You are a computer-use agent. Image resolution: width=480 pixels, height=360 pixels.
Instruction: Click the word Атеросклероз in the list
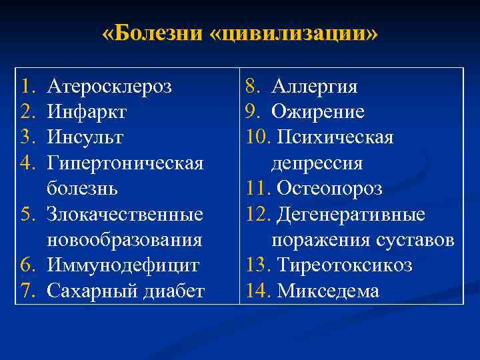tap(109, 87)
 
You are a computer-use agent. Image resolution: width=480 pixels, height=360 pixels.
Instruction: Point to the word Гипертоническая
tap(125, 163)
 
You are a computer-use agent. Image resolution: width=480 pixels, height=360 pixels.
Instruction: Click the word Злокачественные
tap(125, 215)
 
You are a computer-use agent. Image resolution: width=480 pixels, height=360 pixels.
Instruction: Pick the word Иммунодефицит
tap(123, 265)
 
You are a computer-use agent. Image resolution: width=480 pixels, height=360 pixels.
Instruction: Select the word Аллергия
tap(315, 87)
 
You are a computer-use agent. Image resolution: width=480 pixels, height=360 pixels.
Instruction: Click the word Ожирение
tap(318, 112)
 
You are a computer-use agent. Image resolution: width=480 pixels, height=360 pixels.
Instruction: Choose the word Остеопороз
tap(329, 189)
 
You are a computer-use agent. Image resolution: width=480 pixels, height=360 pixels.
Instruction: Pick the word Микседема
tap(328, 291)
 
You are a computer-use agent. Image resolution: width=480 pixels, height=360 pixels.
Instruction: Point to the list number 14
tap(257, 291)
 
